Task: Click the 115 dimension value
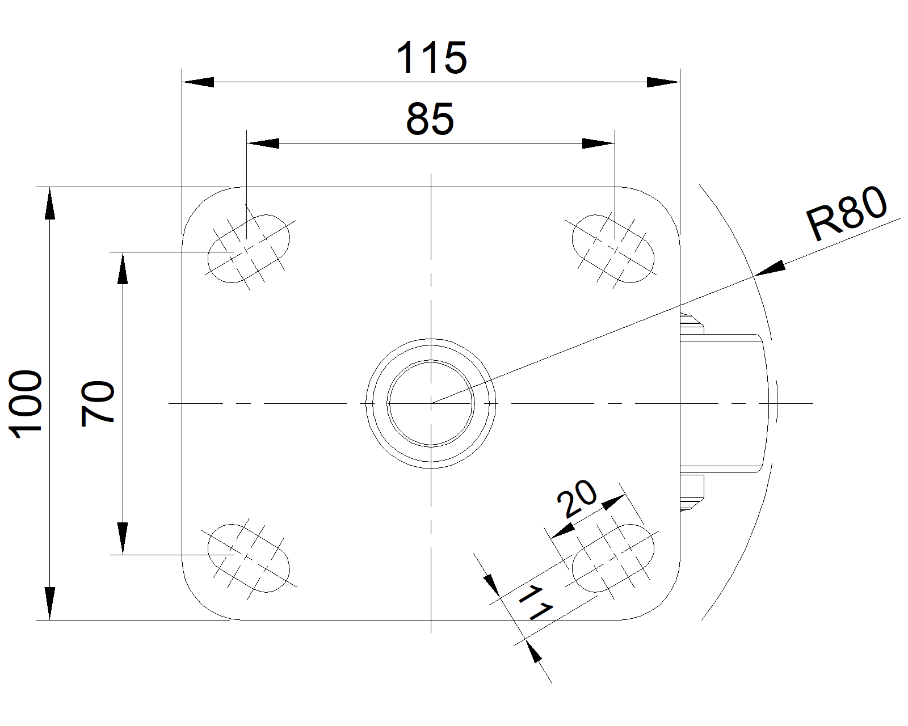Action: click(x=432, y=58)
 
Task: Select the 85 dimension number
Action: click(x=430, y=119)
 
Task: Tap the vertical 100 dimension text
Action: click(x=26, y=404)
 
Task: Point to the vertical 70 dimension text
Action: click(x=98, y=404)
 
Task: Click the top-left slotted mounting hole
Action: click(x=249, y=248)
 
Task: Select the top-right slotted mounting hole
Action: click(x=613, y=248)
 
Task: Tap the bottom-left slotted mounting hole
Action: click(x=249, y=558)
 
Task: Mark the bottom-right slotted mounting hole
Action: click(x=613, y=558)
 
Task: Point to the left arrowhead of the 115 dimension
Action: click(x=198, y=82)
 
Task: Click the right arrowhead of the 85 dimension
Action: click(x=598, y=143)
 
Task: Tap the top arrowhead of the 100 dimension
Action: click(x=50, y=203)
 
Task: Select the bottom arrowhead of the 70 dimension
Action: click(x=123, y=538)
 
